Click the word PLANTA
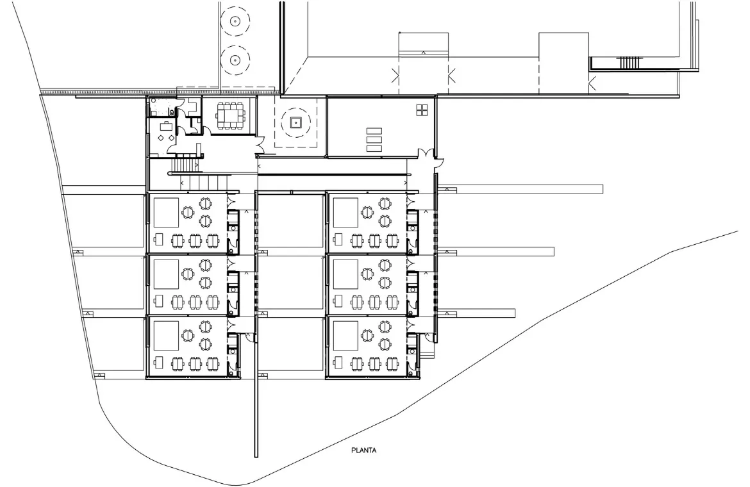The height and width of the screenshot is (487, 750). click(364, 450)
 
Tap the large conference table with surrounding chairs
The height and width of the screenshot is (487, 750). click(230, 113)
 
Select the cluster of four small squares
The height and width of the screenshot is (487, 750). click(422, 110)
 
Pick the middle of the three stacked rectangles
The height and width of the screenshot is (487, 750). click(374, 140)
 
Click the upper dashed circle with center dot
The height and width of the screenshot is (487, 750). click(235, 21)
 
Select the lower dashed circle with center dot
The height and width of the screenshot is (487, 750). click(235, 60)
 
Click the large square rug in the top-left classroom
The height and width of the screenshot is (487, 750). click(166, 213)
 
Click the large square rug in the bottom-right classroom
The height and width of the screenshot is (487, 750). click(346, 336)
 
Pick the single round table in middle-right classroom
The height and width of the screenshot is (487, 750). click(367, 274)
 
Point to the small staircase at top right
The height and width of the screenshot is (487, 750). click(629, 63)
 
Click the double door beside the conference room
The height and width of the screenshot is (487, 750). click(260, 144)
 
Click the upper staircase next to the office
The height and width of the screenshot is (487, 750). click(185, 165)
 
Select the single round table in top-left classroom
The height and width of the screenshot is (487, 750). click(188, 211)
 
